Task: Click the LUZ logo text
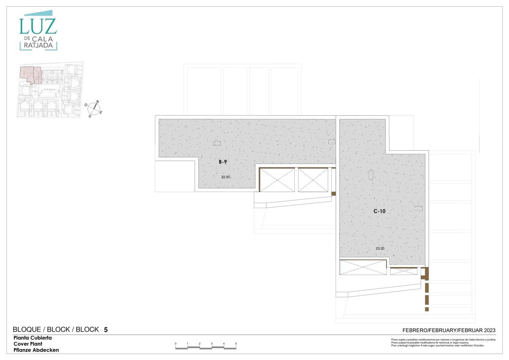(38, 26)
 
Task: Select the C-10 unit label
(379, 211)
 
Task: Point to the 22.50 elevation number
(225, 177)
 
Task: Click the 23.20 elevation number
(380, 248)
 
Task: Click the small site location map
(50, 90)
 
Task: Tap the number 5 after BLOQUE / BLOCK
(106, 329)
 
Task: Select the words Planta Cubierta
(33, 338)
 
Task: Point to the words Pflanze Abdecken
(36, 350)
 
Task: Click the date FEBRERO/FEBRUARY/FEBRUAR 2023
(449, 330)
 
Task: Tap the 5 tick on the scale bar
(236, 343)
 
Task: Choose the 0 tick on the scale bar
(176, 343)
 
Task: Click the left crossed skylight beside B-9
(277, 180)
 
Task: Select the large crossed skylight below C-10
(363, 267)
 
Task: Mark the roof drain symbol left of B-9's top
(217, 143)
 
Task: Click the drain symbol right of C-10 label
(418, 208)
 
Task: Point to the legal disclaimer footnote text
(437, 343)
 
